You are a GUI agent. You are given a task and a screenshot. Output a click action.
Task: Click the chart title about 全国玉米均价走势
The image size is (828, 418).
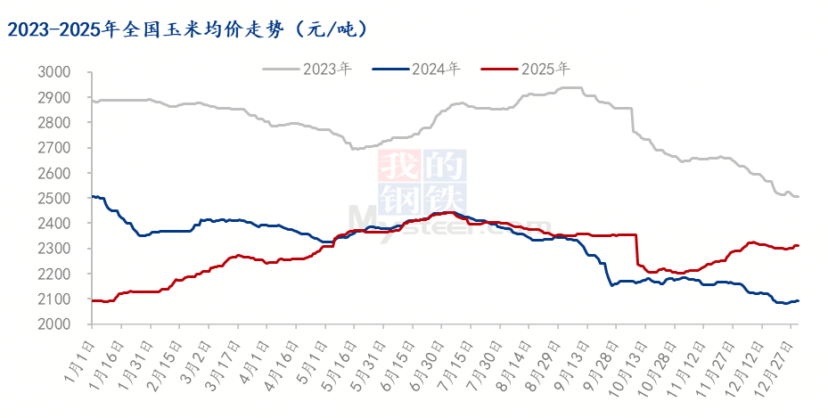click(x=187, y=29)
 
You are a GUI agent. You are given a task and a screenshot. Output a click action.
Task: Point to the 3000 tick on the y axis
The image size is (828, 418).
click(x=55, y=72)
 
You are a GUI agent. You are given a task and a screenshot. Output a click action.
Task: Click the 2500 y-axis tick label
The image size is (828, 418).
click(x=55, y=199)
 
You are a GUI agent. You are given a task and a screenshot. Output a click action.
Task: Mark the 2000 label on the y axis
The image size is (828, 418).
click(x=55, y=325)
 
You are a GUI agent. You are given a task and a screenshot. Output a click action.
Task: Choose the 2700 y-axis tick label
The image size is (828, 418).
click(x=55, y=148)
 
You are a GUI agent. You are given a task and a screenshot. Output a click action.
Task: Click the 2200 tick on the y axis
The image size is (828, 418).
click(x=55, y=275)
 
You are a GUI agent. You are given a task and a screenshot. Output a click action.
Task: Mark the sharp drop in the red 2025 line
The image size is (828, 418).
click(x=637, y=250)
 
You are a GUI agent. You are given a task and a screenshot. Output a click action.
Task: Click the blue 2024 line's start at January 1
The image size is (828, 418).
click(x=93, y=196)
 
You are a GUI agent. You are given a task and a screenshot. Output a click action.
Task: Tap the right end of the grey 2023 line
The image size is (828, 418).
click(x=798, y=196)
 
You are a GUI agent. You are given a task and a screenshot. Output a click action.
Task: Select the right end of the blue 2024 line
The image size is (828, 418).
click(x=798, y=300)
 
